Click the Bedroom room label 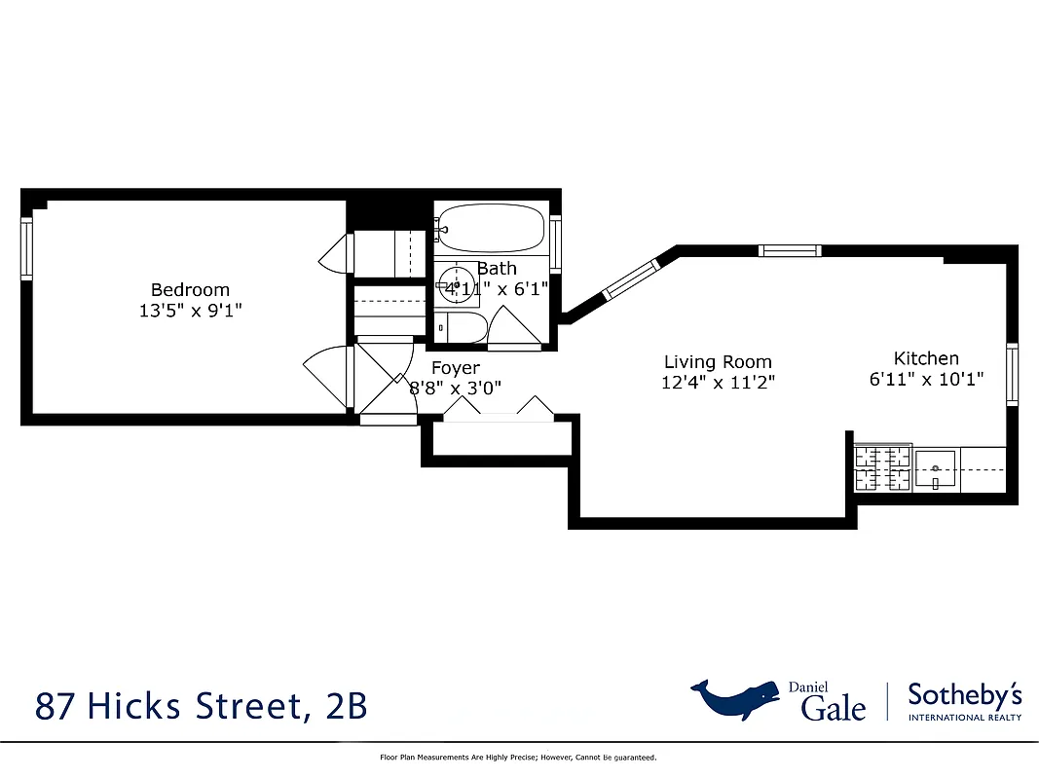[x=190, y=289]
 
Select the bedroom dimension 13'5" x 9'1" [x=190, y=311]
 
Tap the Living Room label [x=718, y=362]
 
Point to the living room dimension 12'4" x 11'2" [x=718, y=383]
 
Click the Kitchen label [x=926, y=358]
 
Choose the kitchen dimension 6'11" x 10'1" [x=926, y=379]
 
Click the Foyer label [x=455, y=368]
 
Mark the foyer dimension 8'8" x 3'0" [x=455, y=388]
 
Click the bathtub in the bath [x=489, y=229]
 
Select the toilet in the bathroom [x=460, y=328]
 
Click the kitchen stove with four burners [x=883, y=468]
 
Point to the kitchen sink [x=936, y=469]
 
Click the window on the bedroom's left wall [x=27, y=249]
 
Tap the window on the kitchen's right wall [x=1013, y=375]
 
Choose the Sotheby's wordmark [x=964, y=695]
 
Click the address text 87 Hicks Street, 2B [x=201, y=705]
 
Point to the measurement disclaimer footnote [x=518, y=757]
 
